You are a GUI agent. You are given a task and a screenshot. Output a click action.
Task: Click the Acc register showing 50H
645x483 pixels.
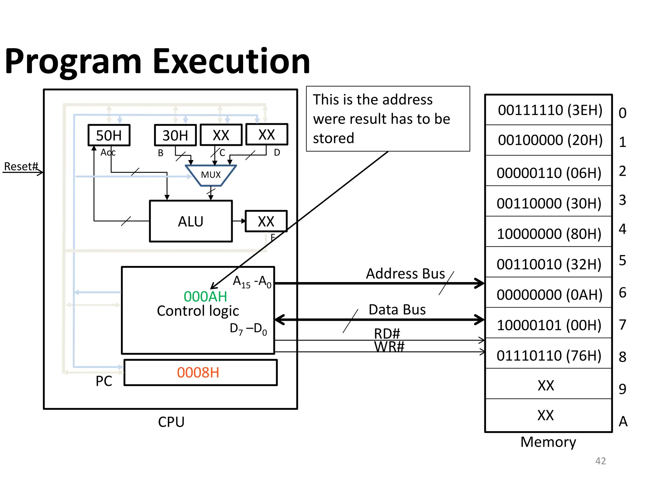pyautogui.click(x=109, y=136)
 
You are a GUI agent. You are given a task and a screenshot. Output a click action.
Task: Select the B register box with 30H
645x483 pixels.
pyautogui.click(x=175, y=136)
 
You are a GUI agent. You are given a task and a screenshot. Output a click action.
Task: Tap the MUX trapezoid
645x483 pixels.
pyautogui.click(x=211, y=175)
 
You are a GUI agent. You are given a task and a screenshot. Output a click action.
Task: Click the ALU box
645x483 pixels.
pyautogui.click(x=191, y=221)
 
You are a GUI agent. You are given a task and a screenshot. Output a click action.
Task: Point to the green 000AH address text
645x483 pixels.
pyautogui.click(x=205, y=297)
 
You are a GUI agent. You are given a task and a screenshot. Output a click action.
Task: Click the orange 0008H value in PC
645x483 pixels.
pyautogui.click(x=198, y=373)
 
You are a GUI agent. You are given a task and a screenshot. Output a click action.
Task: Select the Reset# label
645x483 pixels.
pyautogui.click(x=21, y=166)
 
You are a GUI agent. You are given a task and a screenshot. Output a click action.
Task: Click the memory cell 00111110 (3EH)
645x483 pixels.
pyautogui.click(x=550, y=110)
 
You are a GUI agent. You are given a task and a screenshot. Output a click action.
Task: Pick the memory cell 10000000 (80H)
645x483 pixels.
pyautogui.click(x=549, y=234)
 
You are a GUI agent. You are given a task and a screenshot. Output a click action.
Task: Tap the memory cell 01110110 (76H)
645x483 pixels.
pyautogui.click(x=549, y=356)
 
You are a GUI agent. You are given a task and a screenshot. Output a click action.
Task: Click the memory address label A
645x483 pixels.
pyautogui.click(x=623, y=421)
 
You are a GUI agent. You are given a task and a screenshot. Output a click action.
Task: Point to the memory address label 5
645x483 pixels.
pyautogui.click(x=622, y=260)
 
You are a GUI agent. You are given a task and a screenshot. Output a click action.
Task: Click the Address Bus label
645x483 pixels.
pyautogui.click(x=405, y=274)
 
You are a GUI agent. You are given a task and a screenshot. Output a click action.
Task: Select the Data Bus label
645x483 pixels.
pyautogui.click(x=397, y=310)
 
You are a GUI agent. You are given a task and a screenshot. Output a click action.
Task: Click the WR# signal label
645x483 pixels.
pyautogui.click(x=389, y=347)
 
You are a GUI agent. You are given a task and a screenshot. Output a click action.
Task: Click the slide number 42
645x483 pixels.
pyautogui.click(x=600, y=461)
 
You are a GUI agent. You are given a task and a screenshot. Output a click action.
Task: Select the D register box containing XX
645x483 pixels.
pyautogui.click(x=266, y=135)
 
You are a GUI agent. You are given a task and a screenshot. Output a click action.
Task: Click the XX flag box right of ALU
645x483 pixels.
pyautogui.click(x=266, y=221)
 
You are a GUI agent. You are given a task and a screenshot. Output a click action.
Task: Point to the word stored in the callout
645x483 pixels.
pyautogui.click(x=333, y=138)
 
